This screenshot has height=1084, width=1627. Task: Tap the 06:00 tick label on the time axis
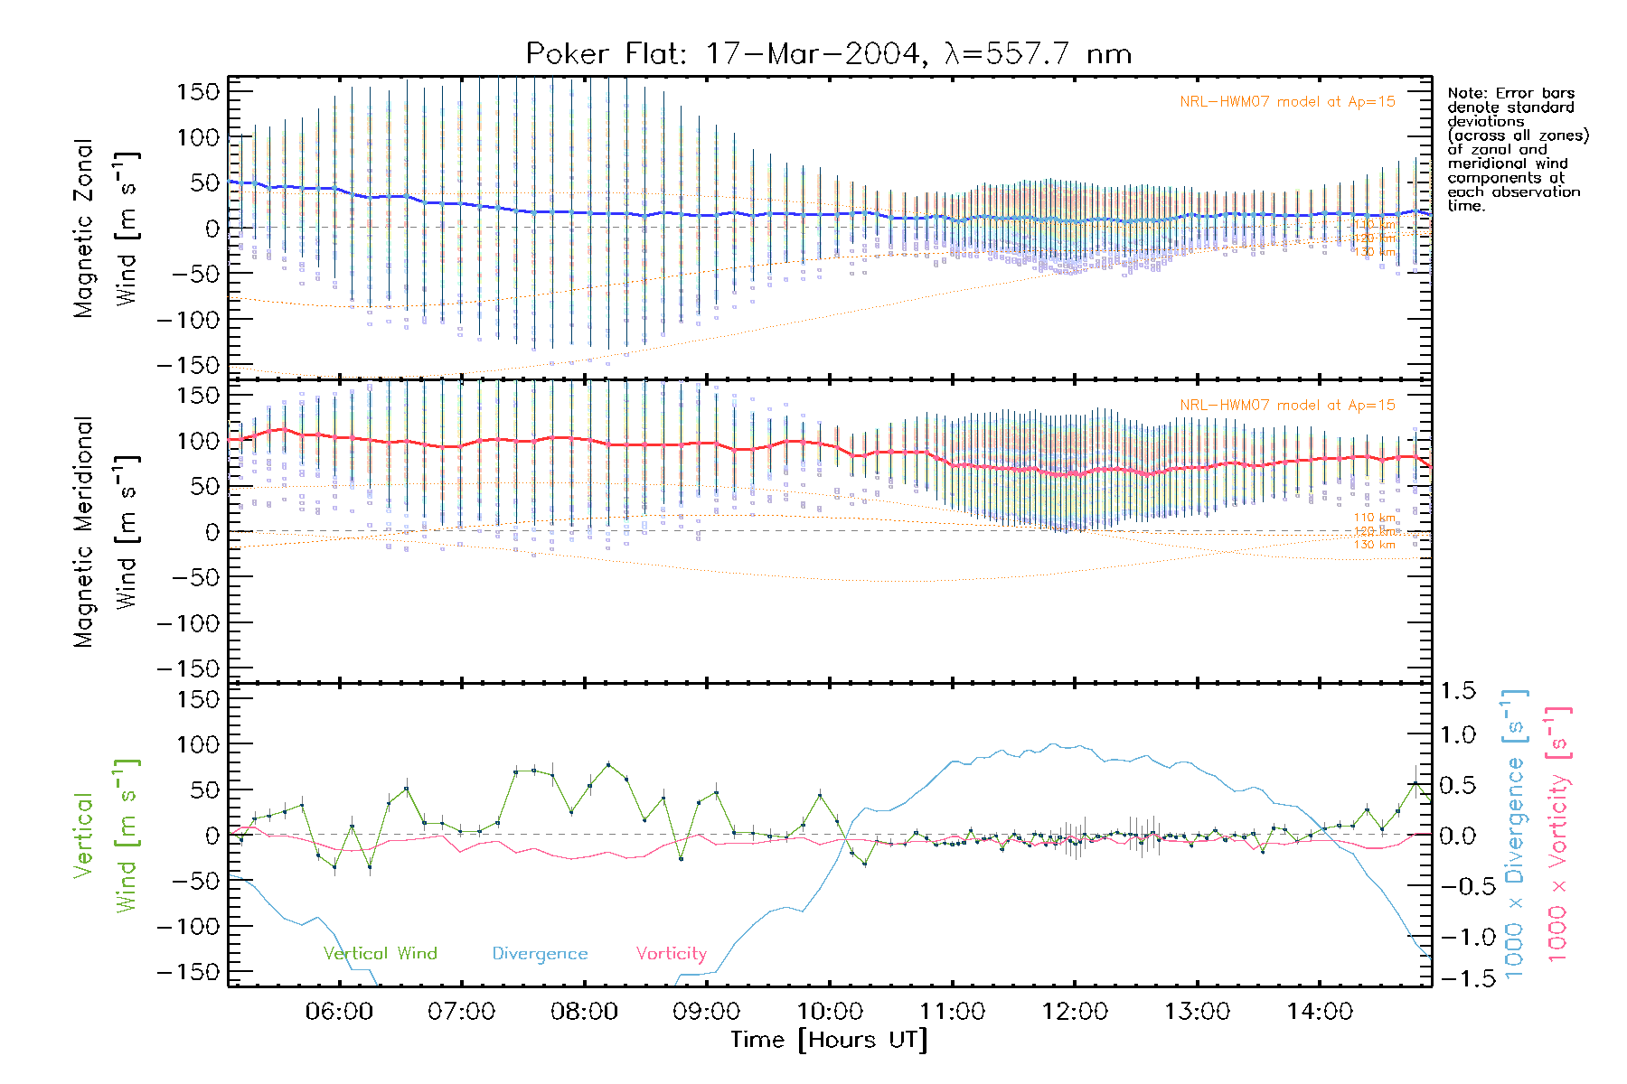[x=339, y=1012]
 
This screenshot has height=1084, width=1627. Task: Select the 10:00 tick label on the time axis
[x=829, y=1012]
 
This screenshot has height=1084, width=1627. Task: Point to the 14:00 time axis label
[x=1320, y=1012]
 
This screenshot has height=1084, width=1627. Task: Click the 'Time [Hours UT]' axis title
[x=829, y=1041]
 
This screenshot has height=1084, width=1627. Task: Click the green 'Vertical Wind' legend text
[x=380, y=954]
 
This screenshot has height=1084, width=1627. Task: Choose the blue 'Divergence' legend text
[x=540, y=954]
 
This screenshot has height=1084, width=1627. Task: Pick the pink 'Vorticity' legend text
[x=671, y=954]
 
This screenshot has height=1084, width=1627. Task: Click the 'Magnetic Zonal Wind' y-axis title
[x=105, y=228]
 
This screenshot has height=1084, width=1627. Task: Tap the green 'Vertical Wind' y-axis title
[x=105, y=836]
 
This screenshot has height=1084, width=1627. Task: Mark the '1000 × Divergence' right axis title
[x=1514, y=836]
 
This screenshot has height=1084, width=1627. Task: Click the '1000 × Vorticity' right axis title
[x=1557, y=836]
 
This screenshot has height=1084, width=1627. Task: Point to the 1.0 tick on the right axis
[x=1457, y=735]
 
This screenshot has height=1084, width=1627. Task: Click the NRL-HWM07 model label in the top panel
[x=1287, y=102]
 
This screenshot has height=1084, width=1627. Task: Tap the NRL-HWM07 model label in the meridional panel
[x=1287, y=406]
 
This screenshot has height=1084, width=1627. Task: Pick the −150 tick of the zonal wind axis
[x=188, y=365]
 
